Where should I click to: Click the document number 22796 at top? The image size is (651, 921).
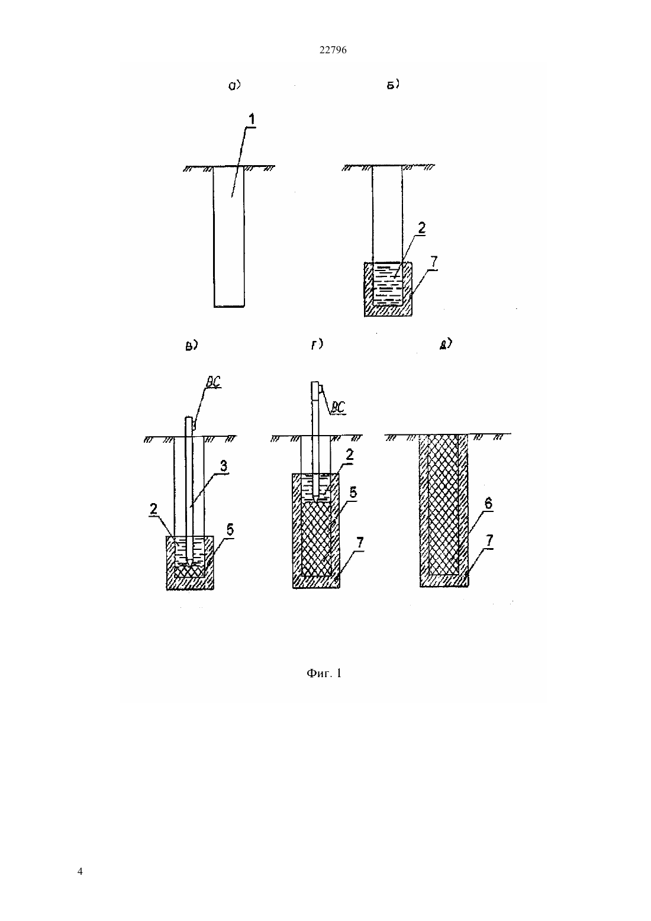pyautogui.click(x=333, y=50)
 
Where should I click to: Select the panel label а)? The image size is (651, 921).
pyautogui.click(x=234, y=85)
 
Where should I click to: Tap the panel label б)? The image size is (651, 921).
pyautogui.click(x=394, y=85)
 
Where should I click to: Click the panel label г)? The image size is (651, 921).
pyautogui.click(x=317, y=344)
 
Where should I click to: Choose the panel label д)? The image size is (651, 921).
pyautogui.click(x=446, y=344)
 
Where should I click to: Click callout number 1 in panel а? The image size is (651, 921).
pyautogui.click(x=252, y=120)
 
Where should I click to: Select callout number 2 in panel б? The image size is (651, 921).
pyautogui.click(x=421, y=228)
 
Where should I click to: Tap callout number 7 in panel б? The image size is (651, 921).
pyautogui.click(x=434, y=262)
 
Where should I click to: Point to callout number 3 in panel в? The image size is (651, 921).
pyautogui.click(x=224, y=466)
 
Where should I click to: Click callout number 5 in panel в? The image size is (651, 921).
pyautogui.click(x=230, y=530)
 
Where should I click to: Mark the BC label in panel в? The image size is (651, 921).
pyautogui.click(x=213, y=382)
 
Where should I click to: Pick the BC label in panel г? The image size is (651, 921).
pyautogui.click(x=338, y=407)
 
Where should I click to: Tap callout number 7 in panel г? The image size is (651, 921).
pyautogui.click(x=360, y=542)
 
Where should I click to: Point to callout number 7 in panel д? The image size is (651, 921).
pyautogui.click(x=489, y=540)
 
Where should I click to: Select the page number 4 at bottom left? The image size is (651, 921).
pyautogui.click(x=80, y=871)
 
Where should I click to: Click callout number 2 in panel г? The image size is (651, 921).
pyautogui.click(x=350, y=455)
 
